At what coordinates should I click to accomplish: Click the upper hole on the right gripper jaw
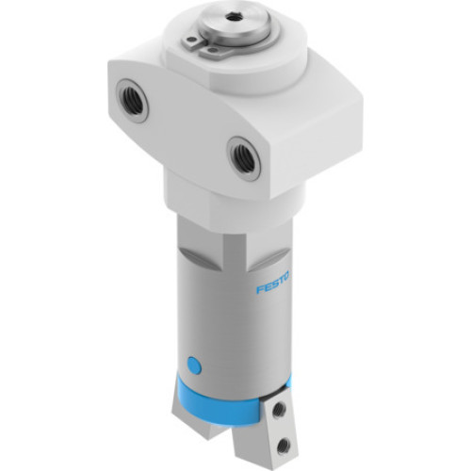click(x=279, y=410)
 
